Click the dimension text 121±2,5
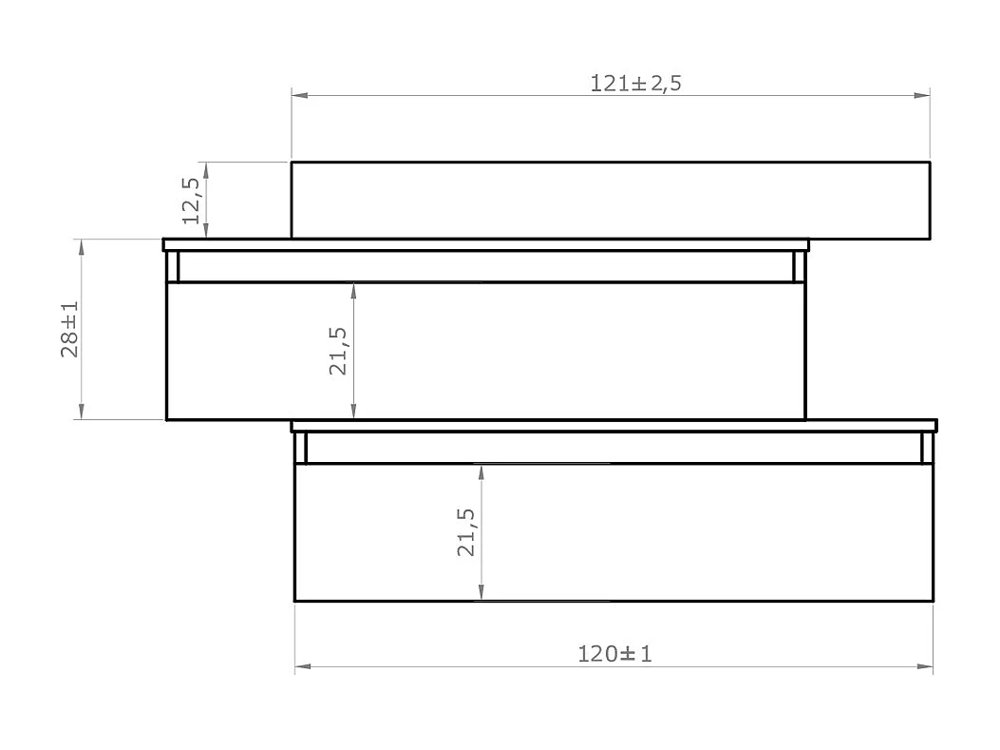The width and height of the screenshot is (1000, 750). pos(635,83)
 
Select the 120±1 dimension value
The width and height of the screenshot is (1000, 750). pos(614,654)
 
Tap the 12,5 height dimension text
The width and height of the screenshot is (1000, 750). pos(191,201)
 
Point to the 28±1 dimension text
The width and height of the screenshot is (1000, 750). pos(69,330)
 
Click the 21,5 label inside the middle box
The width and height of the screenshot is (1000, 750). pos(338,351)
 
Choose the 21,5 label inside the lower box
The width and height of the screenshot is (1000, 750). pos(466,531)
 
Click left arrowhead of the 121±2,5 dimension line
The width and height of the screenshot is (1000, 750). pos(299,95)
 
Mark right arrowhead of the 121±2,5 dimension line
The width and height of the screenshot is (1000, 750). pos(922,95)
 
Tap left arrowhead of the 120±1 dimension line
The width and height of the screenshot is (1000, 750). pos(302,666)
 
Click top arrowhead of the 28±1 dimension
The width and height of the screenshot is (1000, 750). pos(82,246)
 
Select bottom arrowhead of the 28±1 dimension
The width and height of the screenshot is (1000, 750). pos(82,412)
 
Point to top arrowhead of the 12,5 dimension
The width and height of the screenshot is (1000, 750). pos(206,169)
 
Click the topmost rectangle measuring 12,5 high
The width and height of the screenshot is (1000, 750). pos(610,200)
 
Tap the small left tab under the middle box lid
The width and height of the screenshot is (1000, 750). pos(172,266)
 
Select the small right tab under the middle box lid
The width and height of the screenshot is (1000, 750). pos(799,266)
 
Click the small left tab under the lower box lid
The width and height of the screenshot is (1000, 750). pos(300,448)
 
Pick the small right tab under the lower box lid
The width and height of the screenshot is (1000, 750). pos(927,448)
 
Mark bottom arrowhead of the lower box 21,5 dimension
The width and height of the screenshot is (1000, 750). pos(481,593)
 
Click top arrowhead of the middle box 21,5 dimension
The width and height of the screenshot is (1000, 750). pos(353,290)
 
